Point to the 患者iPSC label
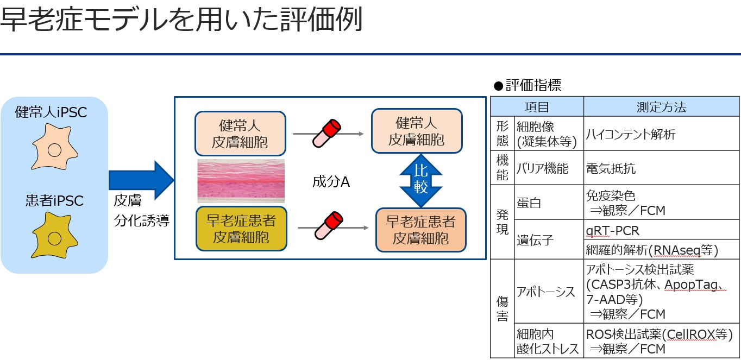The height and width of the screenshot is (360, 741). tap(54, 200)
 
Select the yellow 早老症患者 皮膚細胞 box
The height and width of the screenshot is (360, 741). tap(241, 229)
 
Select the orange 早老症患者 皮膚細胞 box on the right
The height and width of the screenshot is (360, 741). tap(420, 230)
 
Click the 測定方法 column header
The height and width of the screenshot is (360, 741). tap(661, 107)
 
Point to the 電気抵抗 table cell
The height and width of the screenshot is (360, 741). tap(611, 168)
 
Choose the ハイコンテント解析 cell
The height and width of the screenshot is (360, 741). tap(630, 134)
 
